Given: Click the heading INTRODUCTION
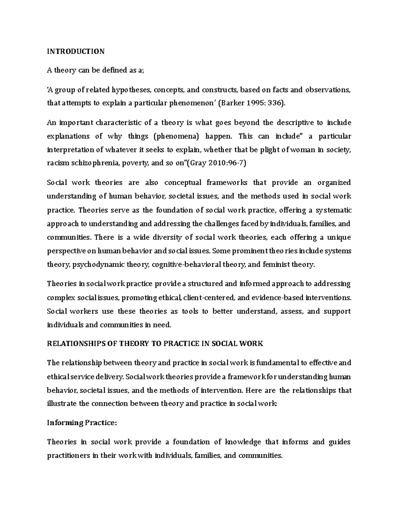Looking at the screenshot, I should coord(76,51).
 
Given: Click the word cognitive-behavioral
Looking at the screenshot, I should coord(189,265).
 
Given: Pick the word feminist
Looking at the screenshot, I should coord(276,265).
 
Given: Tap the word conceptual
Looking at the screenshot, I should coord(183,183).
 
